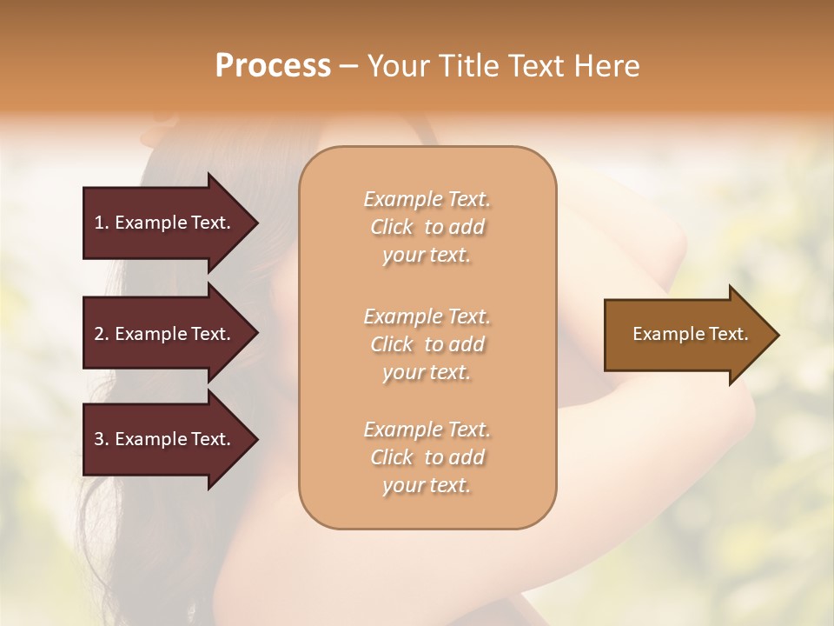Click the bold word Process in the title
273,66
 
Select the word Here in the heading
606,66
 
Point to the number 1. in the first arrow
102,223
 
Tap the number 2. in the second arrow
102,334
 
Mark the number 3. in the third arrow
102,439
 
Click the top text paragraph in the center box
427,227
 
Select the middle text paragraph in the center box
427,344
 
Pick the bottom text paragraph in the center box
427,457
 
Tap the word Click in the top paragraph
392,227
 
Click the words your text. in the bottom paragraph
427,485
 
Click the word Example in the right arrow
665,334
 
